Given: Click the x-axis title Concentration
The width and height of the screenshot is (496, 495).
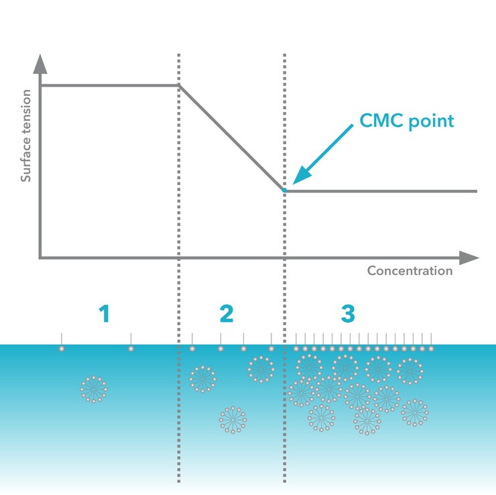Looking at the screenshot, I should pyautogui.click(x=410, y=271).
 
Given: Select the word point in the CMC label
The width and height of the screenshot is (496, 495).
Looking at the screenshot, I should pyautogui.click(x=432, y=121).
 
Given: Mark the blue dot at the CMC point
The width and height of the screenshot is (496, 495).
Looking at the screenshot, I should pyautogui.click(x=285, y=190).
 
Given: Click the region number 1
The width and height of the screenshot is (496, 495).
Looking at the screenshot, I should pyautogui.click(x=104, y=313).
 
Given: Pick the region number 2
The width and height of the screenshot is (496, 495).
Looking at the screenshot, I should pyautogui.click(x=227, y=313).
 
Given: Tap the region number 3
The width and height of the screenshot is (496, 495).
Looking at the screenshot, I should pyautogui.click(x=347, y=313).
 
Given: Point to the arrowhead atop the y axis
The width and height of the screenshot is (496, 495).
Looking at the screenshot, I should pyautogui.click(x=40, y=64).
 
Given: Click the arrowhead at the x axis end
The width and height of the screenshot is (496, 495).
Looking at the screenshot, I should pyautogui.click(x=471, y=258).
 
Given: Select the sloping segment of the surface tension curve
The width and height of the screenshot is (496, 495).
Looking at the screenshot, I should pyautogui.click(x=231, y=137).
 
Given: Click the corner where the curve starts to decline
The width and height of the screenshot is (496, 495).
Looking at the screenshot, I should pyautogui.click(x=179, y=85).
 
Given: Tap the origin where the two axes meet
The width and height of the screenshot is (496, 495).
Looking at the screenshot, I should pyautogui.click(x=40, y=258).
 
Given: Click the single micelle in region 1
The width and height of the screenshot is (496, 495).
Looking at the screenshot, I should pyautogui.click(x=94, y=389).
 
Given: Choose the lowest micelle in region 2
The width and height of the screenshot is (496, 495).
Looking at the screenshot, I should pyautogui.click(x=233, y=420).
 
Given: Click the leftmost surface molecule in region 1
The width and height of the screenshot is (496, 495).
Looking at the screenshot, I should pyautogui.click(x=62, y=348).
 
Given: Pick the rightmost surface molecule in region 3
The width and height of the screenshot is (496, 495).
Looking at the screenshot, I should pyautogui.click(x=431, y=348).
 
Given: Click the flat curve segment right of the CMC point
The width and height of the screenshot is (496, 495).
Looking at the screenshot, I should pyautogui.click(x=382, y=191).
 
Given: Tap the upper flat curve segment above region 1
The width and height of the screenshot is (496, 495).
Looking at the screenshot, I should pyautogui.click(x=107, y=85).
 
